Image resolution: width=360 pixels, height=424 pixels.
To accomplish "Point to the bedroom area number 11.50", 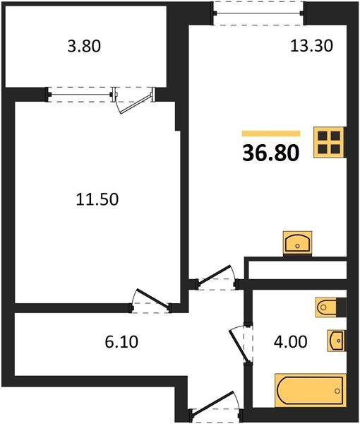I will pos(97,199).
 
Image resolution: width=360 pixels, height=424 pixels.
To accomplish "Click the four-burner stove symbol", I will pos(330,142).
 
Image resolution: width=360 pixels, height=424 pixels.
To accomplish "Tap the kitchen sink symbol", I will pos(297,242).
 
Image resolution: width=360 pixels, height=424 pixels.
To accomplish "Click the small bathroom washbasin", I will pos(336,341).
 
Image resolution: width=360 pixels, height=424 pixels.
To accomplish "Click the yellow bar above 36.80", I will pos(271,133).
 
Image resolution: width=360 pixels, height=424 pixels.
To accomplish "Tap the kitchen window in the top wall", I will pos(258,13).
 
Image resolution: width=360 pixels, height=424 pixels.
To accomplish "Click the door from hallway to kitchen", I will pos(216,278).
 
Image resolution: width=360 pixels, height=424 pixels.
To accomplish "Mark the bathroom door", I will pos(241,342).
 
